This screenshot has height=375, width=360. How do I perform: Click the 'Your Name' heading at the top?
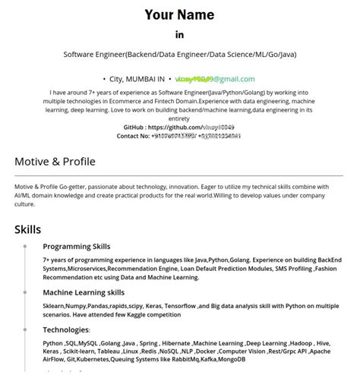(x=179, y=14)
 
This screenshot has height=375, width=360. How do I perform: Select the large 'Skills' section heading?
(x=27, y=229)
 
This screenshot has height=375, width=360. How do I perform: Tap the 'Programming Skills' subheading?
(x=76, y=247)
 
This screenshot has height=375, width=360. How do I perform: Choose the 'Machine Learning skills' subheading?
(x=84, y=292)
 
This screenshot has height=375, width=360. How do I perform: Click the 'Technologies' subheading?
(x=66, y=330)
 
